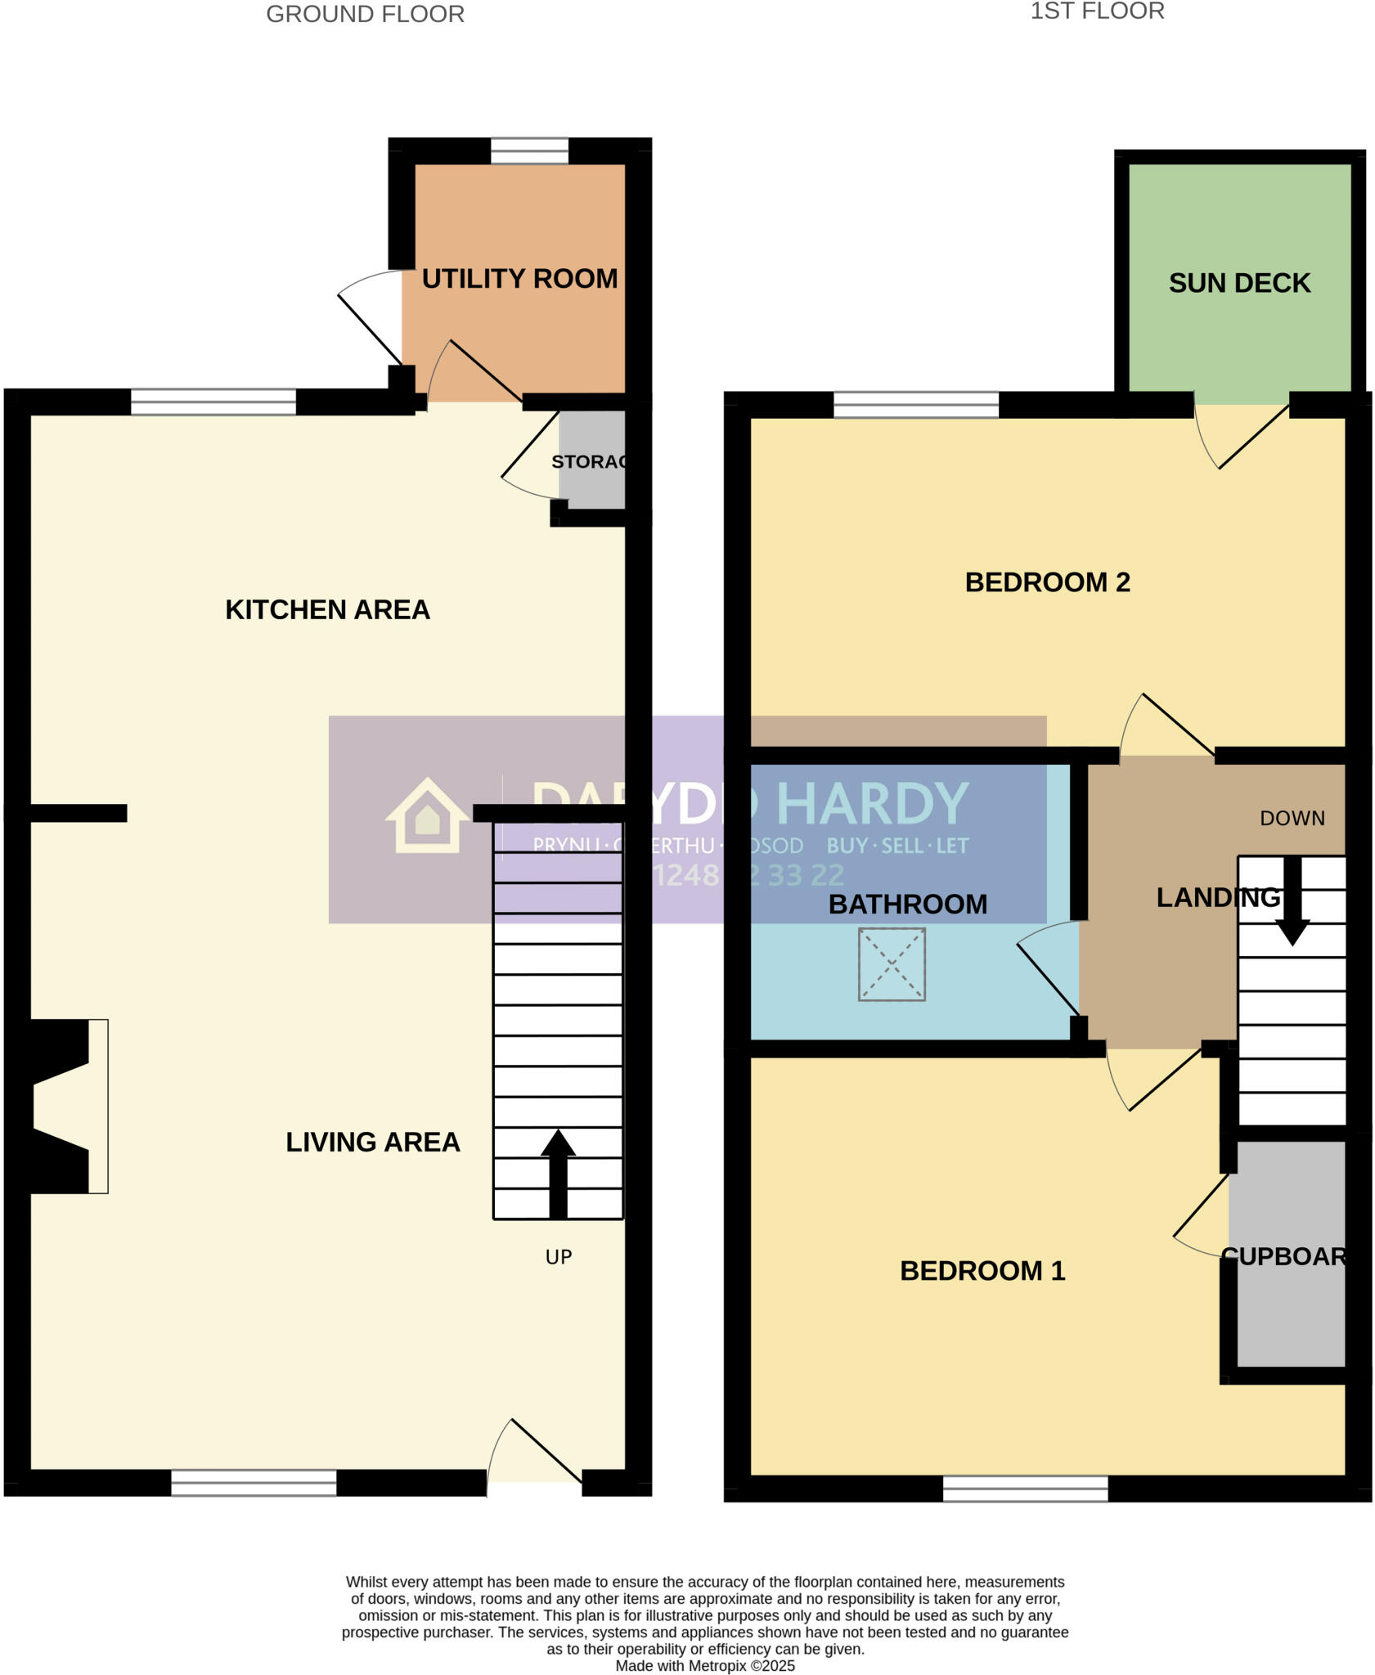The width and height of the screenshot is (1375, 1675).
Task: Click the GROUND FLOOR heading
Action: [x=365, y=14]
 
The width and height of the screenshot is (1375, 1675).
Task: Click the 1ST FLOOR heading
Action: [x=1097, y=11]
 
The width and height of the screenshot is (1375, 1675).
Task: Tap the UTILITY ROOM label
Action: [x=519, y=279]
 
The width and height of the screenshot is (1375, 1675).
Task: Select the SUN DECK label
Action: [x=1239, y=283]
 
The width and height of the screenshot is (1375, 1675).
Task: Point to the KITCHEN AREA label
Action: [x=327, y=610]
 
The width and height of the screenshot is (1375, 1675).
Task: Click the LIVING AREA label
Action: [x=372, y=1142]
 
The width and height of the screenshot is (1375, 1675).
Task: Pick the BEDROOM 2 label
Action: [x=1047, y=582]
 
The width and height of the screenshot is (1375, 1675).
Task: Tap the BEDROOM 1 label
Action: [x=982, y=1270]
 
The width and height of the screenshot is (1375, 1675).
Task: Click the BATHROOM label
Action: [x=907, y=905]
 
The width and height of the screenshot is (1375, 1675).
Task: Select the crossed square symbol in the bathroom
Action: [x=892, y=964]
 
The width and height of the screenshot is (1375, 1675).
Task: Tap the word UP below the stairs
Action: [x=559, y=1257]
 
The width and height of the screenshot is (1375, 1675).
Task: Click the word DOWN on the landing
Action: [x=1292, y=819]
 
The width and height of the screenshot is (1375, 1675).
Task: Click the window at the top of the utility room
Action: [x=529, y=150]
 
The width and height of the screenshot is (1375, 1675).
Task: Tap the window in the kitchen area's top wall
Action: [x=213, y=402]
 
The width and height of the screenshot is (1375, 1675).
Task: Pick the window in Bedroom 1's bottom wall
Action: [x=1025, y=1489]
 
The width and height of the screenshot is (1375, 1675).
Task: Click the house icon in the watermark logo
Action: [x=427, y=818]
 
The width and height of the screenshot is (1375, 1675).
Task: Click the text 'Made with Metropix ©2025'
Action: [x=705, y=1666]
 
